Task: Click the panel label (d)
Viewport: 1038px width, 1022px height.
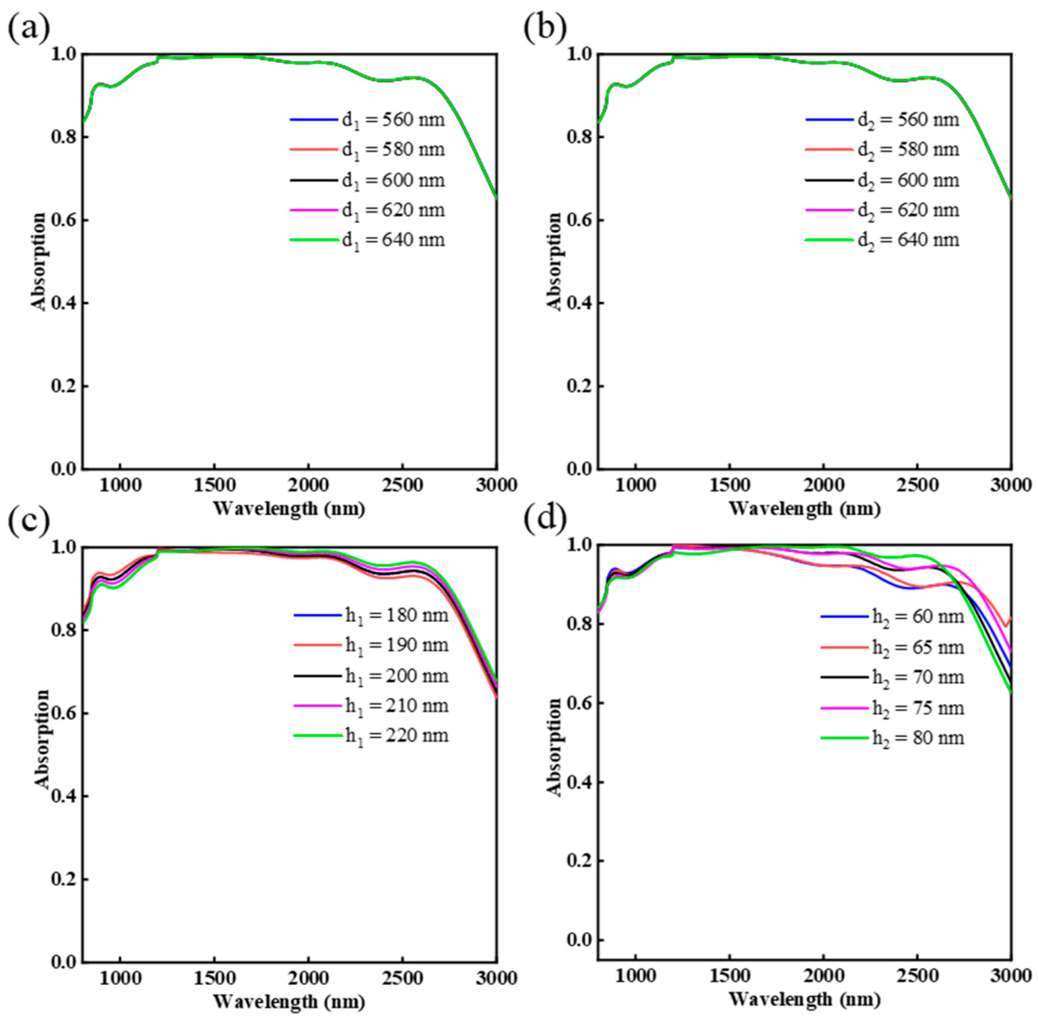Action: click(545, 517)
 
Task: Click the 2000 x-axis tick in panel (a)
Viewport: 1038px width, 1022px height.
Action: click(308, 486)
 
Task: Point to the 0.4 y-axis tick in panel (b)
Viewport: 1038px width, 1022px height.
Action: click(579, 304)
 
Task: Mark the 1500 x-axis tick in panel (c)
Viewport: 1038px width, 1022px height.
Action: click(214, 978)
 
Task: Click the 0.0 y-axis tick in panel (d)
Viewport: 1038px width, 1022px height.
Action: click(579, 939)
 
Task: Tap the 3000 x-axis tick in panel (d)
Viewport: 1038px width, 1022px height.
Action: click(1010, 976)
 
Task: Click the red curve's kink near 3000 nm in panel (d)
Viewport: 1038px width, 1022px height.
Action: click(1006, 626)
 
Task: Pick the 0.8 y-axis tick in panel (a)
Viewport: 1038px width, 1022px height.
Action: click(64, 137)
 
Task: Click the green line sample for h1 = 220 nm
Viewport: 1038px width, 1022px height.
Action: click(318, 736)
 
